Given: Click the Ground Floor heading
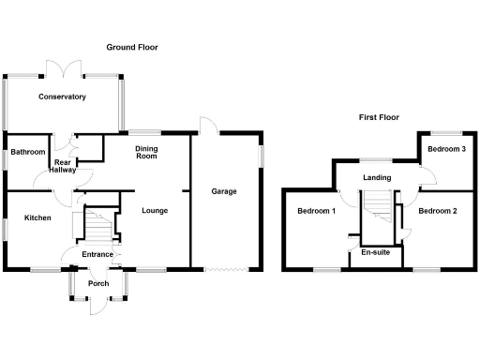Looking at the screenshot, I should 131,47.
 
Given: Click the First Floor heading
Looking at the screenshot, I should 379,117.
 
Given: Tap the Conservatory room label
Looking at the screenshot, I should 62,97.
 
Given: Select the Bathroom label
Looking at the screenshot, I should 28,152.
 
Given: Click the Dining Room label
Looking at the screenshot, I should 146,152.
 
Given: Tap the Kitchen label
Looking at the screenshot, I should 37,217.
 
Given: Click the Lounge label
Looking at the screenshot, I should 155,210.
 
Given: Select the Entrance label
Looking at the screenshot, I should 97,254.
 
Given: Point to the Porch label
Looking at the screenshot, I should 97,283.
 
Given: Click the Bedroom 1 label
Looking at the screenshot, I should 316,211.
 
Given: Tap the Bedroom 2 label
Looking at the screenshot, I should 438,211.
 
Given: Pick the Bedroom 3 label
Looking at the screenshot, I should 446,149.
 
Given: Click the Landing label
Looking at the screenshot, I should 377,178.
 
